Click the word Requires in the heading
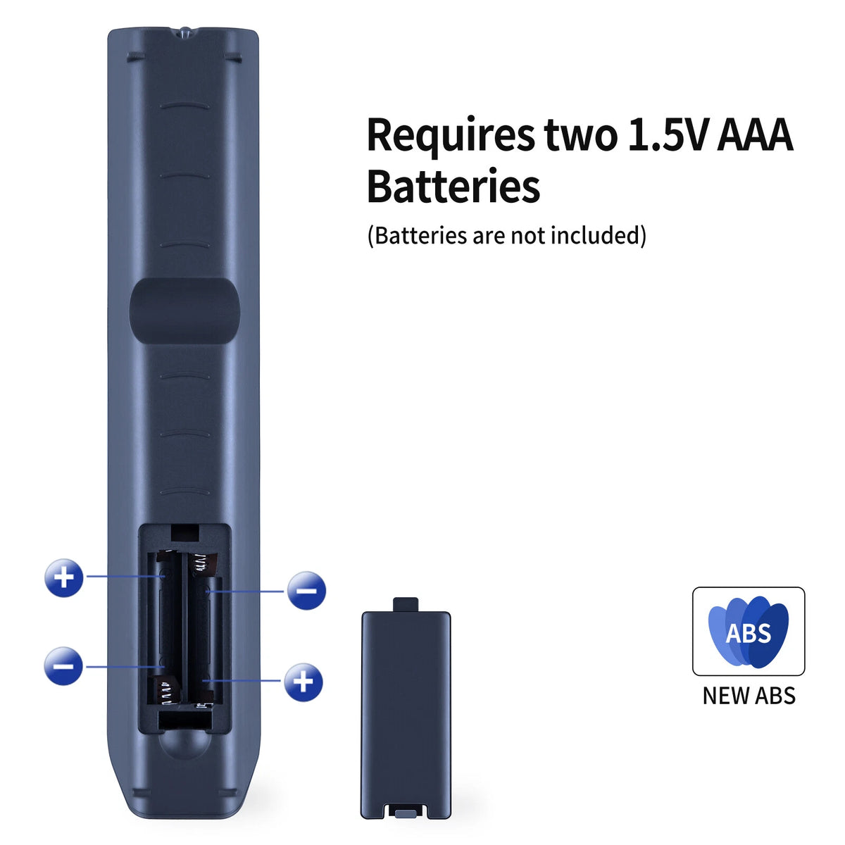450,135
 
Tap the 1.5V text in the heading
667,134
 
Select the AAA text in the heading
755,134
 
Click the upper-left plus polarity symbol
63,577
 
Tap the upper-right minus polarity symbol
306,590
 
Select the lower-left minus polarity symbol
63,666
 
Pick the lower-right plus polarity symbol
303,682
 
